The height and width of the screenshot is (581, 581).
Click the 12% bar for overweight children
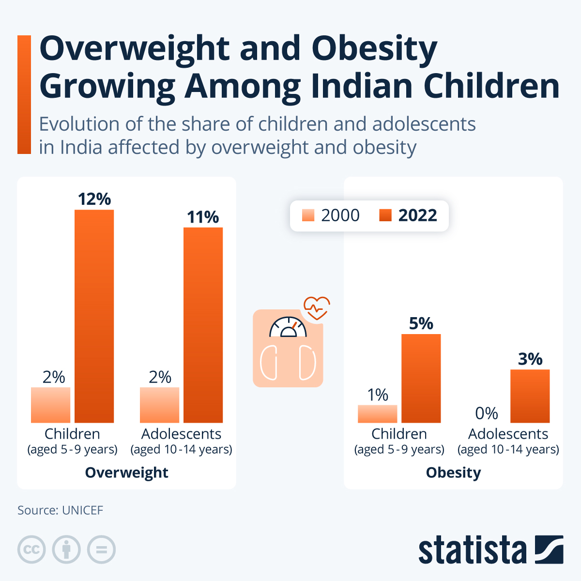point(94,316)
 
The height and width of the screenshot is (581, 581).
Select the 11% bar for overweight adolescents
point(203,324)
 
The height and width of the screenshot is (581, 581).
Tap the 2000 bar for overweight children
point(51,405)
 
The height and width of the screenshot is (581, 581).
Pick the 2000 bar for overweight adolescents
point(160,405)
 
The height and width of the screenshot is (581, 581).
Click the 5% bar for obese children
point(421,378)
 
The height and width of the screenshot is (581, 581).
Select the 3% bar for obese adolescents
point(530,396)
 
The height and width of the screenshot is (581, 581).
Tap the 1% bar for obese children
point(378,414)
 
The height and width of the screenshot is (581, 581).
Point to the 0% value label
point(486,413)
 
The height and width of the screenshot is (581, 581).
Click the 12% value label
point(94,199)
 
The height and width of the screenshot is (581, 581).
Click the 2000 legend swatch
point(308,215)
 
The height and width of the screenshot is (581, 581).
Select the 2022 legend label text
point(417,215)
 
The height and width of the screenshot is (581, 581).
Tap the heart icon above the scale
point(317,308)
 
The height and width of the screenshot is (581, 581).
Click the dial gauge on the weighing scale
point(288,327)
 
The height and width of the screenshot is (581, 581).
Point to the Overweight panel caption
point(126,473)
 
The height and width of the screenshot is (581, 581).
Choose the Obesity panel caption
point(453,473)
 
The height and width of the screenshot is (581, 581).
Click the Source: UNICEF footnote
point(60,510)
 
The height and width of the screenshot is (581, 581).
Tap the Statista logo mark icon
point(549,550)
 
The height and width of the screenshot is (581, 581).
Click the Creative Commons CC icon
point(31,550)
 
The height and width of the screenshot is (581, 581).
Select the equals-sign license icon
point(102,550)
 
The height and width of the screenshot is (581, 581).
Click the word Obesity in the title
point(374,49)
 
